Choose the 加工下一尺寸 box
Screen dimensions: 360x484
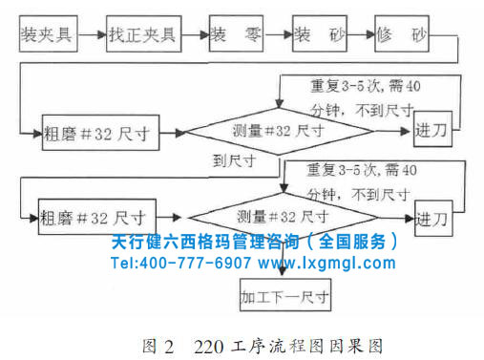pos(285,297)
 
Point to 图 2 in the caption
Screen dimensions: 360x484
pos(156,342)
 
